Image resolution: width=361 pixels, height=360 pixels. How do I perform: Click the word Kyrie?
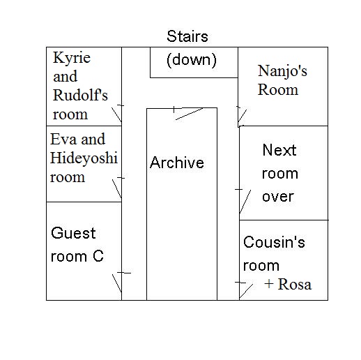[x=72, y=59]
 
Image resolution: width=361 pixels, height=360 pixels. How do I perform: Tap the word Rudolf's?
[x=80, y=95]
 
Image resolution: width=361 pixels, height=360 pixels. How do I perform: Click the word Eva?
[x=63, y=139]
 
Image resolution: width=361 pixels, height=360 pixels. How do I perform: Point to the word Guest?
[x=73, y=233]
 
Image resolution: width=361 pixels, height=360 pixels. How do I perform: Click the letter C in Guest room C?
[x=98, y=256]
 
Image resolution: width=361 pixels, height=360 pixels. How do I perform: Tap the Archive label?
[x=177, y=163]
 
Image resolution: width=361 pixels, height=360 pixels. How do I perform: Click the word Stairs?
[x=187, y=36]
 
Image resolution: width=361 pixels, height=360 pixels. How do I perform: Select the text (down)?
[x=192, y=60]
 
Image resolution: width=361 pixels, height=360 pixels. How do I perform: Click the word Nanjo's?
[x=282, y=71]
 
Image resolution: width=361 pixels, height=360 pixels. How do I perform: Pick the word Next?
[x=279, y=150]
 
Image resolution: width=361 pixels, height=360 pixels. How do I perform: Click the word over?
[x=278, y=197]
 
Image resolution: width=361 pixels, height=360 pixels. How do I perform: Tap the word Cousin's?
[x=274, y=242]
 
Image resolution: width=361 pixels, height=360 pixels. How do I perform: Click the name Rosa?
[x=295, y=284]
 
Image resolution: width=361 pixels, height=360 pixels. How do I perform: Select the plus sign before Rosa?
[x=269, y=284]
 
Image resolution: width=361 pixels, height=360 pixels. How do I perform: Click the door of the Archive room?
[x=189, y=114]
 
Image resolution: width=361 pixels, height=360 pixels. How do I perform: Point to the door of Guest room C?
[x=117, y=283]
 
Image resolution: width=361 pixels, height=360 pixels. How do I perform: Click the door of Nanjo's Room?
[x=243, y=116]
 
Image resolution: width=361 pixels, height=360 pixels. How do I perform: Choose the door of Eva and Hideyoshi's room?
[x=117, y=189]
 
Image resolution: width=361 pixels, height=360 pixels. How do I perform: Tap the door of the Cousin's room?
[x=246, y=291]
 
